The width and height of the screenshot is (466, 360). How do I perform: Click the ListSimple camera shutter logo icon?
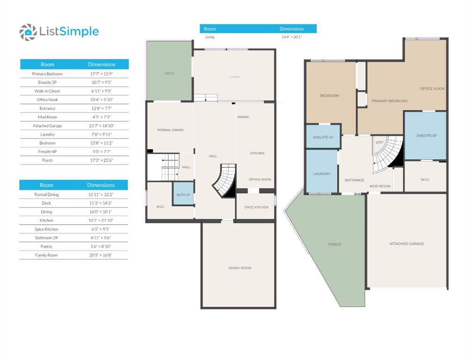tap(28, 32)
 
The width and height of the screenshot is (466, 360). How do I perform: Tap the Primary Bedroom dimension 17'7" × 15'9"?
tap(102, 74)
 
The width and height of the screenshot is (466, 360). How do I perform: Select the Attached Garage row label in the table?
tap(47, 126)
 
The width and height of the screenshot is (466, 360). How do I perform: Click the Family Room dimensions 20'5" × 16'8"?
tap(101, 255)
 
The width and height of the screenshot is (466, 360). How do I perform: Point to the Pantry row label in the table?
tap(46, 247)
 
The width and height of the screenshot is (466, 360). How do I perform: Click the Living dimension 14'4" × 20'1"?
tap(292, 37)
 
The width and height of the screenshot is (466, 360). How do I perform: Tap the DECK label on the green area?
tap(169, 74)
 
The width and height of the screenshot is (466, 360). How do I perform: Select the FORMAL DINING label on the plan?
tap(170, 130)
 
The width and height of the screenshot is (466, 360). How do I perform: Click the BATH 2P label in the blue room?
tap(183, 195)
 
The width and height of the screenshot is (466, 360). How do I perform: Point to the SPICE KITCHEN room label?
tap(256, 207)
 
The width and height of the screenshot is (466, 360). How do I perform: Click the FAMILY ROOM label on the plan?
tap(240, 268)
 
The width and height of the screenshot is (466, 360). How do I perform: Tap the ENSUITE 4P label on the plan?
tap(323, 137)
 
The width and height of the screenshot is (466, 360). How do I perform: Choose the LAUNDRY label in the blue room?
tap(322, 173)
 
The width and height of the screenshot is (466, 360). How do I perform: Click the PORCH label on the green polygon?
tap(335, 244)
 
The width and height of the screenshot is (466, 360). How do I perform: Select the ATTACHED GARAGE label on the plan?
tap(406, 244)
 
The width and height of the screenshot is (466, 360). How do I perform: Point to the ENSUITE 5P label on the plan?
tap(427, 135)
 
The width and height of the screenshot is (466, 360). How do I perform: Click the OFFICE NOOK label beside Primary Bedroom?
tap(432, 89)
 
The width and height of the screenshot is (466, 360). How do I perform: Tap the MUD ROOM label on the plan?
tap(380, 186)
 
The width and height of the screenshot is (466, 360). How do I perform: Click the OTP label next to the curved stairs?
tap(379, 142)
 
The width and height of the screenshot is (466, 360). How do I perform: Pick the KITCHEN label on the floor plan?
tap(257, 153)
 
